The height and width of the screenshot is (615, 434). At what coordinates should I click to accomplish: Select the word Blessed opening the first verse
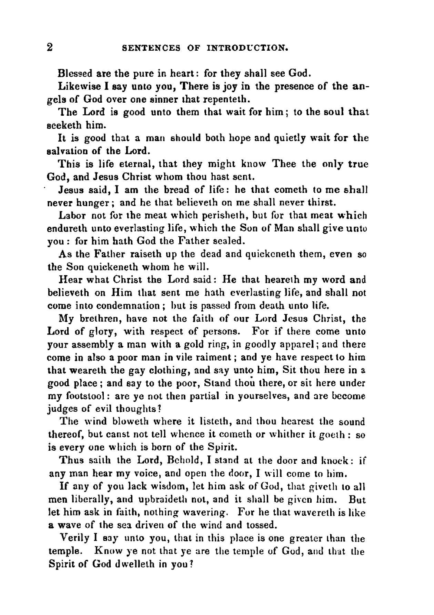tap(75, 73)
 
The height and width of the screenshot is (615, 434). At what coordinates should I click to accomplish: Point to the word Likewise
tap(76, 86)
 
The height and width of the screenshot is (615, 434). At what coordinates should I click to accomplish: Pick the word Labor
tap(72, 215)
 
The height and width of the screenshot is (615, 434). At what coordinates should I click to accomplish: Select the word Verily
tap(74, 538)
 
